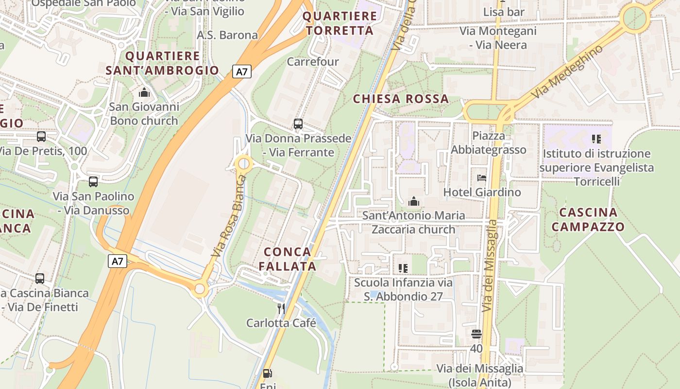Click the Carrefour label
click(312, 62)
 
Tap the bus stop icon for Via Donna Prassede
click(298, 124)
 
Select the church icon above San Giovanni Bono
click(144, 92)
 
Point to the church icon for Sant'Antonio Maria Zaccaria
click(414, 201)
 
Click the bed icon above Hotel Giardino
click(482, 178)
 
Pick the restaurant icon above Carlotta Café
click(281, 308)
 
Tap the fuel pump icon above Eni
click(267, 373)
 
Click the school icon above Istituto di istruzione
click(596, 139)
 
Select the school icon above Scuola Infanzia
click(403, 268)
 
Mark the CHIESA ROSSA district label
click(401, 99)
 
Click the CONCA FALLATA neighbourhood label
click(287, 259)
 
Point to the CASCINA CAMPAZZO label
click(588, 219)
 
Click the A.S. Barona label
click(227, 35)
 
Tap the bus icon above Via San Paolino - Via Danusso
click(93, 182)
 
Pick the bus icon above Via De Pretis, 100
click(41, 137)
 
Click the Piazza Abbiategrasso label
click(488, 142)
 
